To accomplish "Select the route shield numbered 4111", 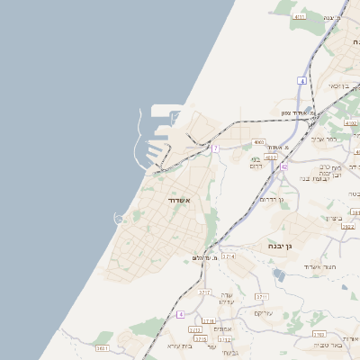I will [300, 16].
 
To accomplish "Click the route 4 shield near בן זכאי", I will [303, 81].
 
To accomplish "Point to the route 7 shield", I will [216, 148].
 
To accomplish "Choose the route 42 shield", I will [284, 166].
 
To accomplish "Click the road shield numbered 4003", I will [259, 141].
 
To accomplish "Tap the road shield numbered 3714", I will [229, 256].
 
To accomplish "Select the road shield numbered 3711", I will [263, 296].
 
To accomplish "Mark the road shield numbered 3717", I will [204, 293].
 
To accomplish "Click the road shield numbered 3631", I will [102, 348].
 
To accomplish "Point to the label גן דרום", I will [271, 199].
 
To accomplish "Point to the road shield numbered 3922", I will [348, 227].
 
